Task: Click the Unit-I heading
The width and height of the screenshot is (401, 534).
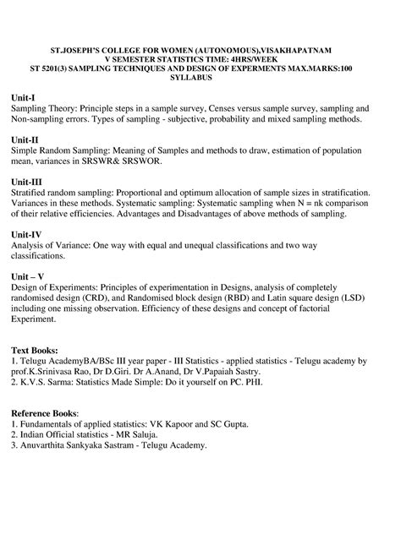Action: pyautogui.click(x=25, y=97)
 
